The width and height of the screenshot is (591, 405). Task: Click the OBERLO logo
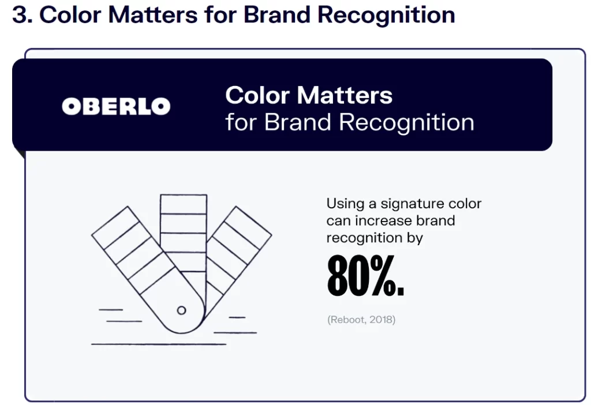coord(116,106)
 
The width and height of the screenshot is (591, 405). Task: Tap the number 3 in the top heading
coord(20,14)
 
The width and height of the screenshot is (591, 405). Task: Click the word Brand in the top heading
coord(276,14)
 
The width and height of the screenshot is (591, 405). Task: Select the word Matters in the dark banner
coord(345,95)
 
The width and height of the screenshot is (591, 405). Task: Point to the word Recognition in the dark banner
coord(406,122)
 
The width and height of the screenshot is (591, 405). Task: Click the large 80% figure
coord(365,275)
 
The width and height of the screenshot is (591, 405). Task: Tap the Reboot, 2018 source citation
coord(361,320)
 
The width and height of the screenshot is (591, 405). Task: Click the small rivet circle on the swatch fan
coord(181,310)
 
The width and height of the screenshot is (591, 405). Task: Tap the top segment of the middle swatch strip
coord(184,204)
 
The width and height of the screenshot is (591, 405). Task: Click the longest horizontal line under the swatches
coord(159,344)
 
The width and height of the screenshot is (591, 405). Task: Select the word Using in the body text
coord(345,204)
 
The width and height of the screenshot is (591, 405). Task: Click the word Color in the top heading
coord(70,14)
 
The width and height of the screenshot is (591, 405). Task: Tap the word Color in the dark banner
coord(257,95)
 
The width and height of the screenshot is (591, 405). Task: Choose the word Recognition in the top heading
coord(386,14)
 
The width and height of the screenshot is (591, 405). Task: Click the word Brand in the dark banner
coord(297,122)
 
